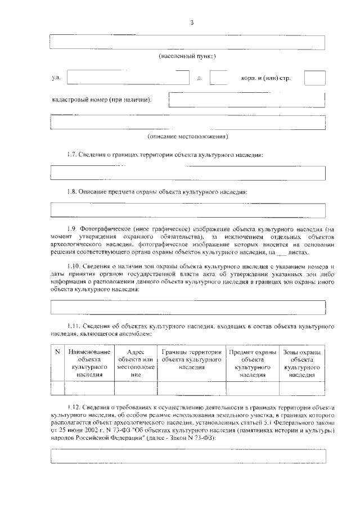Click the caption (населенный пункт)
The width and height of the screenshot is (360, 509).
pos(187,56)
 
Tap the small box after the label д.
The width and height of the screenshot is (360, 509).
pos(218,78)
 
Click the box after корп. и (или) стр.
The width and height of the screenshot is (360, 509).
pos(314,78)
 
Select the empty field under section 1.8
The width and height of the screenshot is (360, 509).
pos(188,210)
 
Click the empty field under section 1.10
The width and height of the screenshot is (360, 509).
pos(188,307)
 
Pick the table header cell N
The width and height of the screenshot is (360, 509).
pos(57,352)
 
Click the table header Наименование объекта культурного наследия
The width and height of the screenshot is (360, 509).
pos(89,363)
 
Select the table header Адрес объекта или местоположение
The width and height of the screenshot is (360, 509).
pos(136,363)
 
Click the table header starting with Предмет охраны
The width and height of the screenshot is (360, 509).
pos(252,363)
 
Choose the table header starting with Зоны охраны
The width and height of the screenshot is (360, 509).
pos(302,363)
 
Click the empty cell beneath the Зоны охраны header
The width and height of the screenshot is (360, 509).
pos(302,389)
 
